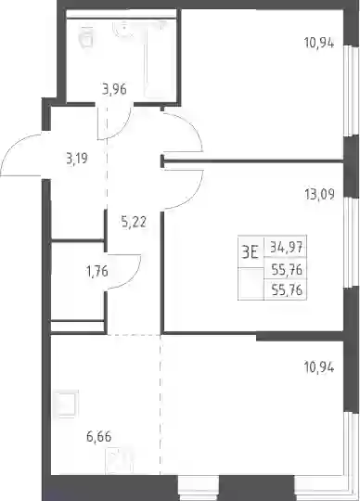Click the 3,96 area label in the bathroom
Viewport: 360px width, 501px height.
click(114, 89)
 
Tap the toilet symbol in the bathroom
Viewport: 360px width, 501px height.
click(85, 37)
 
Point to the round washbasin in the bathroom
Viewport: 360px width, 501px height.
click(124, 28)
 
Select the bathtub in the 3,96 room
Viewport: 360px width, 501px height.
click(155, 58)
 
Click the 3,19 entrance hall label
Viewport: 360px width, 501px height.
click(77, 158)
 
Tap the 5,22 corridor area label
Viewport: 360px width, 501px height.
click(134, 221)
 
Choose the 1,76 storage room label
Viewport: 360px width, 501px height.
click(97, 272)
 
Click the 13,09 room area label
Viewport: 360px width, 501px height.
click(319, 194)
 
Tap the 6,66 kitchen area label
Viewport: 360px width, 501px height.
click(99, 436)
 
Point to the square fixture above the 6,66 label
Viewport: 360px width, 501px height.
click(66, 404)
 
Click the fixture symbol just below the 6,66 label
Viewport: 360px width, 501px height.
click(119, 460)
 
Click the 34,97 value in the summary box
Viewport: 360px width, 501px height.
click(286, 247)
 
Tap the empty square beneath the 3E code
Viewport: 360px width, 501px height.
click(251, 284)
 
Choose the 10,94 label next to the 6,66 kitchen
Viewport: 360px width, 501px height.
click(319, 367)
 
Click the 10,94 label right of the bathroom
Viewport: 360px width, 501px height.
click(319, 43)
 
